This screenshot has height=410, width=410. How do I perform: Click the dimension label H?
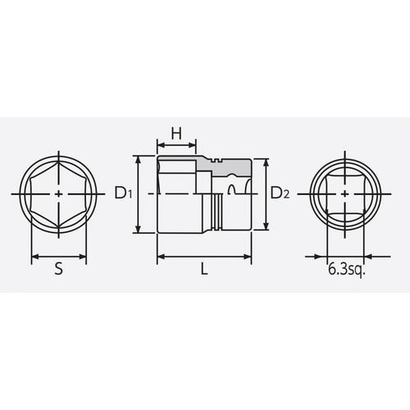point(175,133)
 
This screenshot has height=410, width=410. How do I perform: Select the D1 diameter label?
point(124,194)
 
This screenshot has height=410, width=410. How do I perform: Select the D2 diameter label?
point(280,194)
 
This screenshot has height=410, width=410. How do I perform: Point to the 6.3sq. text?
point(346,268)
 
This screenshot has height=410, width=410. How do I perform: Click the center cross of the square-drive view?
point(346,194)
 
